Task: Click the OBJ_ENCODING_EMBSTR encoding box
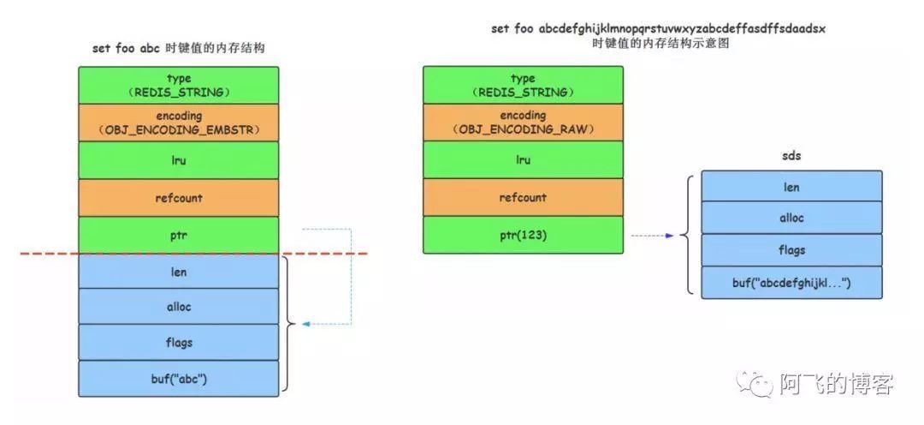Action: point(179,123)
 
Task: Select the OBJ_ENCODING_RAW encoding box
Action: point(523,123)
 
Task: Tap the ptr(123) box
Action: point(523,235)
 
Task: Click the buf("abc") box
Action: point(179,379)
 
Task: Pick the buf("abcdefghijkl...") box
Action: point(791,282)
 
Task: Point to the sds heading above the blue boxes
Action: point(791,157)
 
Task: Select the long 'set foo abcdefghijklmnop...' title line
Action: point(658,29)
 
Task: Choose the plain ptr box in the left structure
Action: point(179,235)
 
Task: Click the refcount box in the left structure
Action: point(179,198)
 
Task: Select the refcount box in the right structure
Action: point(523,198)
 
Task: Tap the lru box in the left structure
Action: point(179,160)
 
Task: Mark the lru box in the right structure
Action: point(523,160)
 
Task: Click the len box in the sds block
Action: point(791,186)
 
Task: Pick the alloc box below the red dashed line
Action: point(179,307)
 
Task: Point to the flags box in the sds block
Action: point(791,250)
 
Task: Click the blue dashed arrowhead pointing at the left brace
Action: point(306,324)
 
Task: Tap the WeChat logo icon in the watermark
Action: point(755,383)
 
